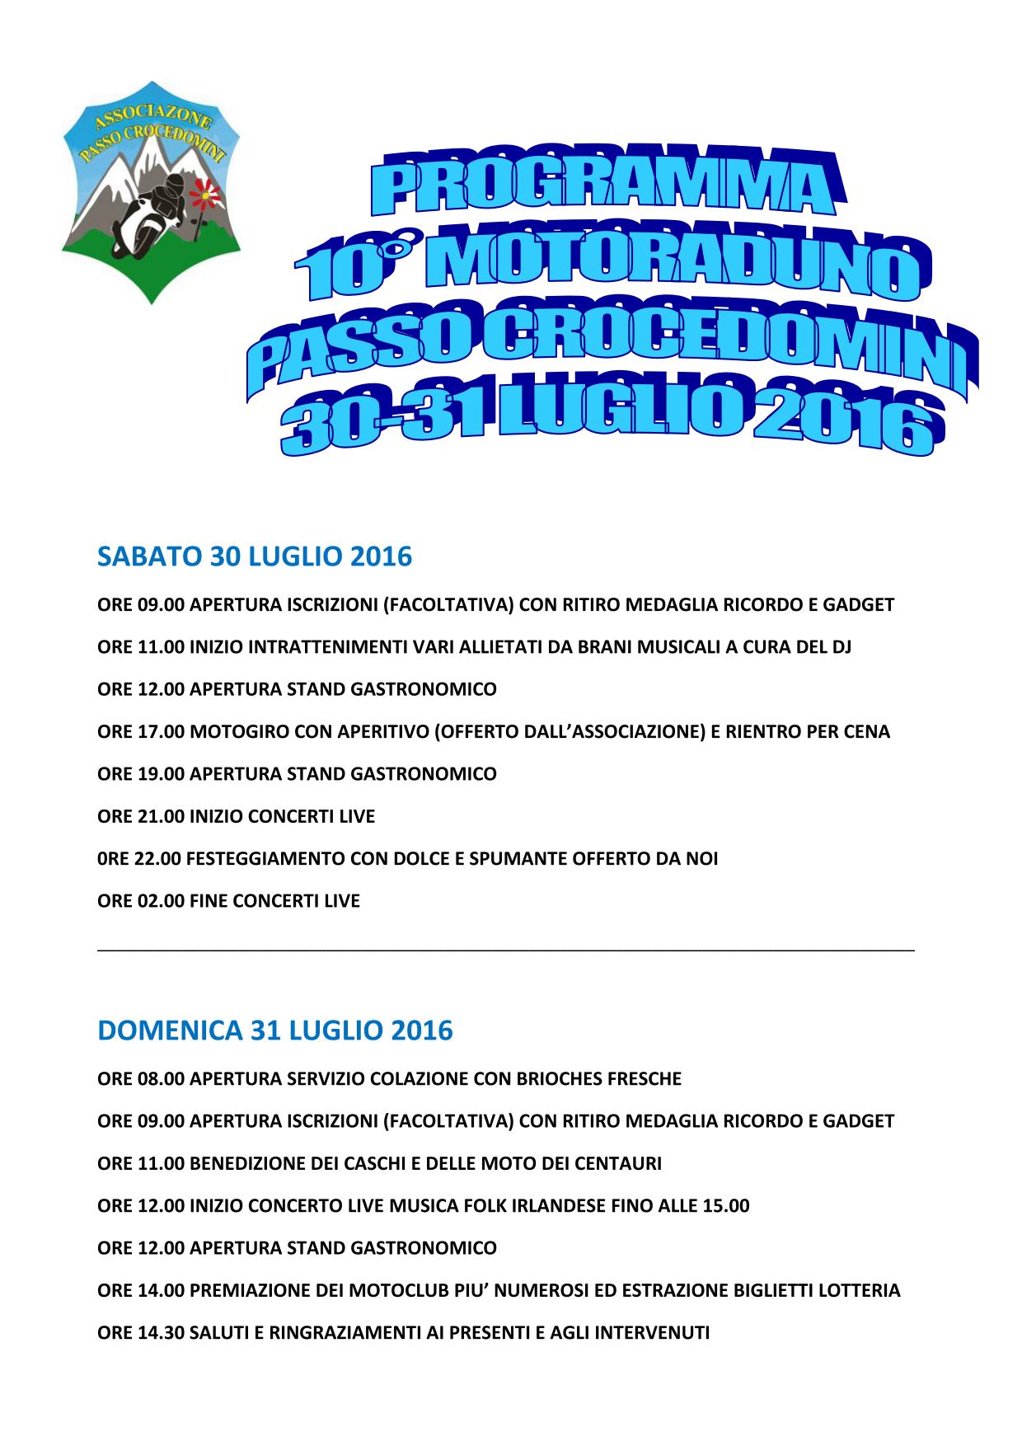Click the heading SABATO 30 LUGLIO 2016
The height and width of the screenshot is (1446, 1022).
(x=255, y=557)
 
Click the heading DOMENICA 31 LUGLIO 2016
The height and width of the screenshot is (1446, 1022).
(x=275, y=1031)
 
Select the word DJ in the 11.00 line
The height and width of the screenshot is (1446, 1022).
(x=840, y=647)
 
